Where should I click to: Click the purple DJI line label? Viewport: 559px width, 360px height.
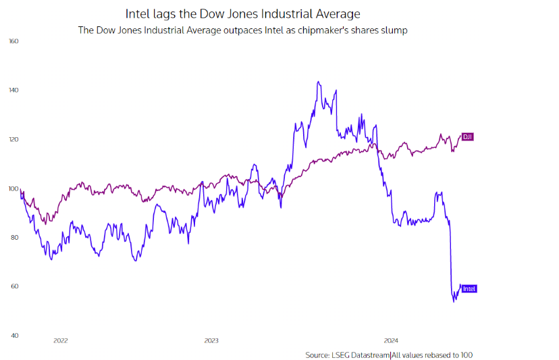coord(467,137)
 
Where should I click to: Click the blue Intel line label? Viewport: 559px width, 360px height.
coord(469,289)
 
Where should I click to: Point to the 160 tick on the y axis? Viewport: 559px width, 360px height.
coord(14,41)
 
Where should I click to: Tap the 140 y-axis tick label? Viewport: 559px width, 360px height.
coord(14,91)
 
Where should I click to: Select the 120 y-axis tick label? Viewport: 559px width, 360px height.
coord(14,140)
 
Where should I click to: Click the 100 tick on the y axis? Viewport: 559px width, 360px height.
coord(14,188)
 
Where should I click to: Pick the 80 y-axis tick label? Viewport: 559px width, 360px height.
coord(14,238)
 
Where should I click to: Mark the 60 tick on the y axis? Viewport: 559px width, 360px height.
coord(14,286)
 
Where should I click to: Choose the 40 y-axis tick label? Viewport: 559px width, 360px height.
coord(14,336)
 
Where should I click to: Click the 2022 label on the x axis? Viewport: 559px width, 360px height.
coord(61,341)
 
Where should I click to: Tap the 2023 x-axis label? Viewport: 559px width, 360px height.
coord(211,341)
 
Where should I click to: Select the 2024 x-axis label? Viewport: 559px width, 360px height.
coord(391,341)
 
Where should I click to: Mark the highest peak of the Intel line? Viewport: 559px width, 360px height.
coord(318,82)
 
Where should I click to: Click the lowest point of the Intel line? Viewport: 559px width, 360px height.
coord(454,301)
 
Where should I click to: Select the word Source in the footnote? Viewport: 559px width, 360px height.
coord(317,355)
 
